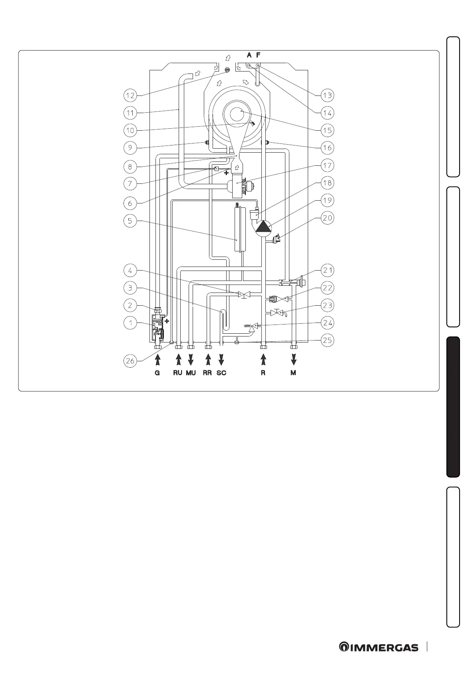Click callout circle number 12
(130, 96)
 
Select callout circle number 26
(130, 361)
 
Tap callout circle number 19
(327, 201)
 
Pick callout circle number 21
(327, 271)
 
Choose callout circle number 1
(130, 323)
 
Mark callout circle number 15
(327, 130)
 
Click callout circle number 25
(327, 340)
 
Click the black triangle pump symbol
(263, 227)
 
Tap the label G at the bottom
(157, 373)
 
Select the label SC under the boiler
(221, 373)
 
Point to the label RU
(178, 373)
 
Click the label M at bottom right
(294, 373)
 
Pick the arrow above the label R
(263, 360)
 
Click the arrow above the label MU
(191, 360)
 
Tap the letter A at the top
(249, 55)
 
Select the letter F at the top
(258, 55)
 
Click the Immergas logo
(379, 647)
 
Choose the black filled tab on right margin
(454, 407)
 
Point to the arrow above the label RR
(208, 360)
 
